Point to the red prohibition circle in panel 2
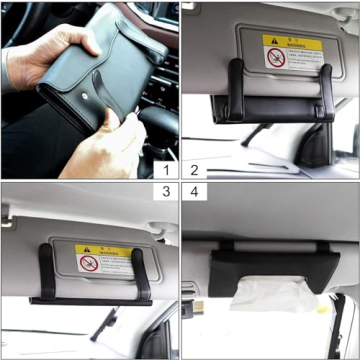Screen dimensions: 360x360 click(276, 56)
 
